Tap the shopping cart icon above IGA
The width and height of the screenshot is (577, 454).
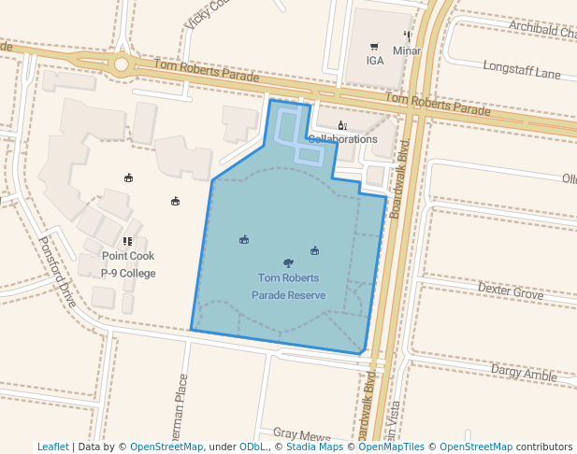374,47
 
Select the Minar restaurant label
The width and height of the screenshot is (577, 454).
407,50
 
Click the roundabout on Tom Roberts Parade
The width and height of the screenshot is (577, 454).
122,64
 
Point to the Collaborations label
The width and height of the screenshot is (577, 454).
342,139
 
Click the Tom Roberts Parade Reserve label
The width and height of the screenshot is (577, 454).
288,286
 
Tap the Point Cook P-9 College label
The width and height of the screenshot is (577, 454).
128,264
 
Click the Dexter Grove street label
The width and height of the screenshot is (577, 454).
510,292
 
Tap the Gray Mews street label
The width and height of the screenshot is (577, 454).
302,434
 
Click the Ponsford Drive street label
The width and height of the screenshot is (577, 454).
57,272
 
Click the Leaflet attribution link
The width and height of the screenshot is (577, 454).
53,447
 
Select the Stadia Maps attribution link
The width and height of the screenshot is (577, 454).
314,447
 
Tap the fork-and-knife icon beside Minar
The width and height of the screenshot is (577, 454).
407,35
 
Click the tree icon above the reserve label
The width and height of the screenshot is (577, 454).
287,263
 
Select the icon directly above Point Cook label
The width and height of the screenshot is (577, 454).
128,242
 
